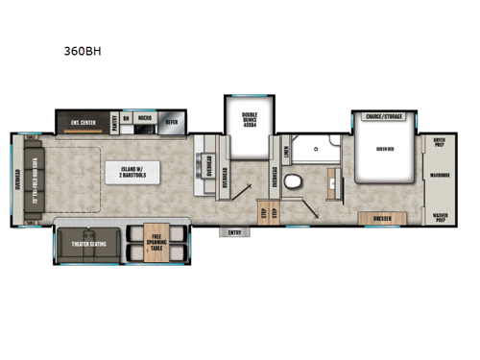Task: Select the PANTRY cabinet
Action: click(114, 121)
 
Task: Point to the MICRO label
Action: click(145, 121)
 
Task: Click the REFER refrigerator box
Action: click(172, 121)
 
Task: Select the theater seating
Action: click(90, 245)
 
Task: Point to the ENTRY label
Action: click(235, 231)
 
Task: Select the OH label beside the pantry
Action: click(127, 121)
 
